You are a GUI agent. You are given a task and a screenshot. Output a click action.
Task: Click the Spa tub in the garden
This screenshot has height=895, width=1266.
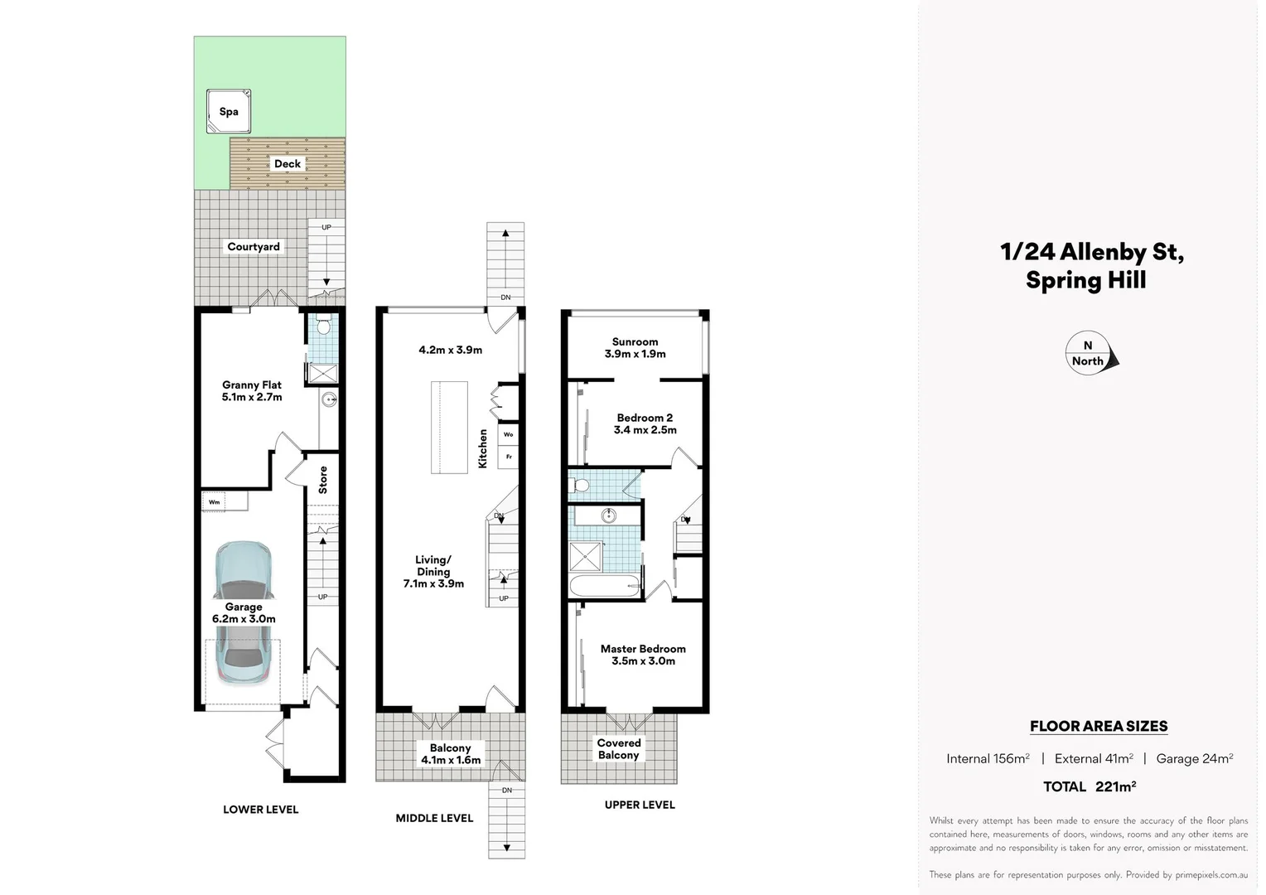click(x=228, y=112)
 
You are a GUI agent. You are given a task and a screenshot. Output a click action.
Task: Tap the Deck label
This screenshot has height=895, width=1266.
click(x=288, y=163)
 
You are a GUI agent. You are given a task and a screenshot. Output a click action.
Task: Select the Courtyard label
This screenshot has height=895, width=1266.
click(x=254, y=246)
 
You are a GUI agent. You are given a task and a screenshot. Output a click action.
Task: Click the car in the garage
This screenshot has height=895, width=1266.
click(x=243, y=613)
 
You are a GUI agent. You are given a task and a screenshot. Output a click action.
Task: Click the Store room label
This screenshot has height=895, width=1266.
click(x=323, y=480)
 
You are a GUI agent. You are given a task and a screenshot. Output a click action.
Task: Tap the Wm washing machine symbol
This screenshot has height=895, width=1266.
click(x=215, y=502)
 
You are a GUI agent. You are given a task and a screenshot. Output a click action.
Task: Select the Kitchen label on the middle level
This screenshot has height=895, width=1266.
click(x=483, y=448)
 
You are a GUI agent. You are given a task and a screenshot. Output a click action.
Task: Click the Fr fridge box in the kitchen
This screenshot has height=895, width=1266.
click(x=509, y=457)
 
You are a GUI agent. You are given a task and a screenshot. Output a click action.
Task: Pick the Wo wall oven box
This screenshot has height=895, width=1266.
click(x=509, y=434)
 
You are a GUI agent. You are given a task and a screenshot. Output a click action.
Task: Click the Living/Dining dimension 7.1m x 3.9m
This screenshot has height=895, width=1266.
click(x=433, y=583)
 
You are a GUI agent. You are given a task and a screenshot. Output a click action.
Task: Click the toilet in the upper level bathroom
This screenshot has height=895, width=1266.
click(x=580, y=485)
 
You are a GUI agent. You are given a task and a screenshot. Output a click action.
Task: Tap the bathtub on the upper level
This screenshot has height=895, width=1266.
click(x=605, y=585)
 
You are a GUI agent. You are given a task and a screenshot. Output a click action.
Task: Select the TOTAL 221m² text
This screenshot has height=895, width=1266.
click(x=1089, y=786)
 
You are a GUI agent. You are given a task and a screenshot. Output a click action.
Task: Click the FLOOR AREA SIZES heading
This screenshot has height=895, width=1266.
click(x=1099, y=726)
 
